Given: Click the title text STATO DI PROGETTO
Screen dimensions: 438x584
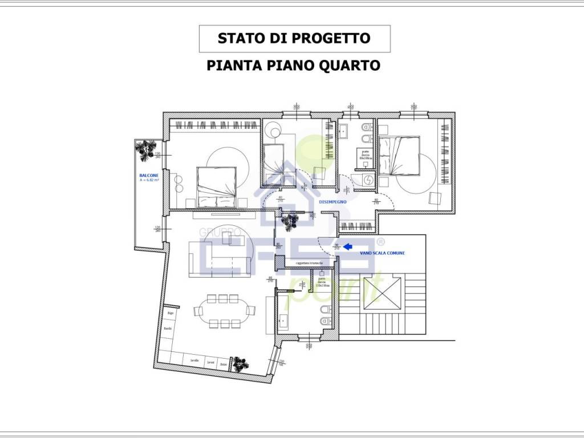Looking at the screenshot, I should tap(294, 39).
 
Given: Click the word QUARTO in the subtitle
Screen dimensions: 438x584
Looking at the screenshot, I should tap(352, 65).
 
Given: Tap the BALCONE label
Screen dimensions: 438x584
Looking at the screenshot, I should tap(148, 175).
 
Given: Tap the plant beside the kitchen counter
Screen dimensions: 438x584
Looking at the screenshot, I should tap(240, 363).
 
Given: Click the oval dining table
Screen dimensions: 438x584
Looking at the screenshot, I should tap(224, 311).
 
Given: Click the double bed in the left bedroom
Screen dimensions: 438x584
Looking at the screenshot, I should tap(216, 186).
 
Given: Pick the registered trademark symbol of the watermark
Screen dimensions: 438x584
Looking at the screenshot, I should tap(381, 241).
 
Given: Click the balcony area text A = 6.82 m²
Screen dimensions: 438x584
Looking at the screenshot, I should tap(149, 180).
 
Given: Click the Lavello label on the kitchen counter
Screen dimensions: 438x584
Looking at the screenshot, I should tap(195, 360).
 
